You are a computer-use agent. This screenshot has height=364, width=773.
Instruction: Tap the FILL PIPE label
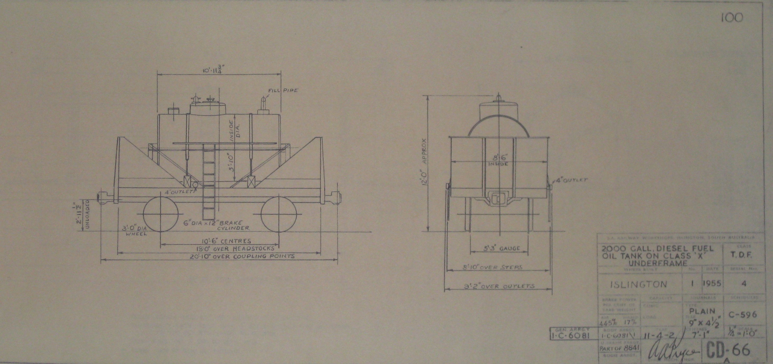coord(283,90)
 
